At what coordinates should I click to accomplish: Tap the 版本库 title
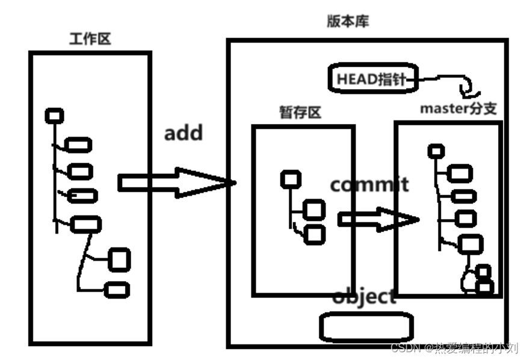tap(348, 22)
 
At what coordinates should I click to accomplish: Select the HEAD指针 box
tap(373, 79)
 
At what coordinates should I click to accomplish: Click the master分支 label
tap(459, 108)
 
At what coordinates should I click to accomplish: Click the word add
tap(183, 132)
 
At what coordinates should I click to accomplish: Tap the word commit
tap(369, 184)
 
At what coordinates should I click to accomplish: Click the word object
tap(365, 296)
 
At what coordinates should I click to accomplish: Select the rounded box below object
tap(366, 327)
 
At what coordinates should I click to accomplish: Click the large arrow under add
tap(174, 182)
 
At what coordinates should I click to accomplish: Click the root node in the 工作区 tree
tap(54, 116)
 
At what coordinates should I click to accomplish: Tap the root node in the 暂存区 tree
tap(291, 178)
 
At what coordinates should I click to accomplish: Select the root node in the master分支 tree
tap(436, 151)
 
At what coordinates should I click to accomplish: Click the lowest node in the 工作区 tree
tap(116, 290)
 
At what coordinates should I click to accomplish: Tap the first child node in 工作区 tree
tap(79, 144)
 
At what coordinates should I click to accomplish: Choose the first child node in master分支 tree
tap(461, 174)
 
